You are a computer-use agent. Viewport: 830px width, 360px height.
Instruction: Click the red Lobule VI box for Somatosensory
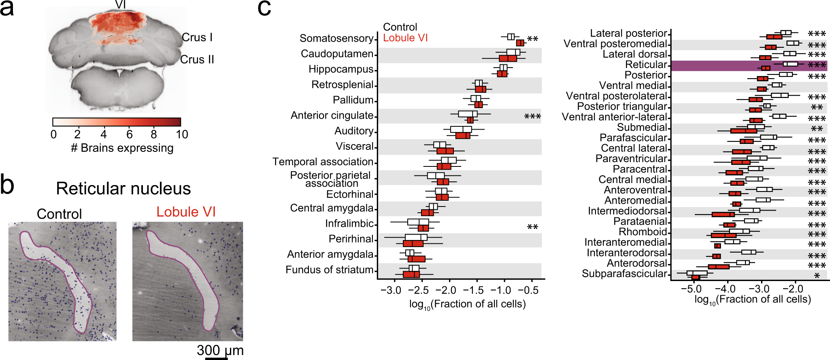(520, 43)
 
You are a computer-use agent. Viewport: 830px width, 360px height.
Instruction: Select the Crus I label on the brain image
(197, 37)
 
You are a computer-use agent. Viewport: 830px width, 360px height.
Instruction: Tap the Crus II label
(197, 60)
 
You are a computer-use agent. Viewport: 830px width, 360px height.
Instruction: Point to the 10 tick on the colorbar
(182, 134)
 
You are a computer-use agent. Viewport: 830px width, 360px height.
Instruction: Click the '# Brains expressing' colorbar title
(122, 148)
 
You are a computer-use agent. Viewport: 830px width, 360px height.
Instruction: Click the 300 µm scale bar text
(220, 350)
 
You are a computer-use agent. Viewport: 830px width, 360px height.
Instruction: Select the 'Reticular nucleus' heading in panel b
(123, 189)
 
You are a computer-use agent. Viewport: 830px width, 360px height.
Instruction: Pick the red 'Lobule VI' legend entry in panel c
(405, 38)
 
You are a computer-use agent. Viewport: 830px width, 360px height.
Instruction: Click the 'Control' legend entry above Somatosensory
(400, 27)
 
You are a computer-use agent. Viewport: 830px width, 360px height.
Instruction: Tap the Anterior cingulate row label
(332, 115)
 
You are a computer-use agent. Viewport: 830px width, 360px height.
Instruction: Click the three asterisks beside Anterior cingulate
(532, 117)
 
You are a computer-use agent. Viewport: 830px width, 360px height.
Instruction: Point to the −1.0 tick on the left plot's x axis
(504, 290)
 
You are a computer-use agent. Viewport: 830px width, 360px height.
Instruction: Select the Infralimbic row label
(349, 224)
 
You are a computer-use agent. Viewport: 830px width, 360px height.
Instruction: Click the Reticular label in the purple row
(646, 65)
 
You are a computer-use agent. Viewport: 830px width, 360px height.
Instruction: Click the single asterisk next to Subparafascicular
(817, 276)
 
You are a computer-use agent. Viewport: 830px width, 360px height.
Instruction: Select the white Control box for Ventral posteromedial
(793, 43)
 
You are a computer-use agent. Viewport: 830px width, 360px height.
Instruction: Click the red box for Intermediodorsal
(723, 214)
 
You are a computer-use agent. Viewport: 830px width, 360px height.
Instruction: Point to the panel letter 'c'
(264, 9)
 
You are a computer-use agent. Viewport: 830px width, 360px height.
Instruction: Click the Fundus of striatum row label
(329, 270)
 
